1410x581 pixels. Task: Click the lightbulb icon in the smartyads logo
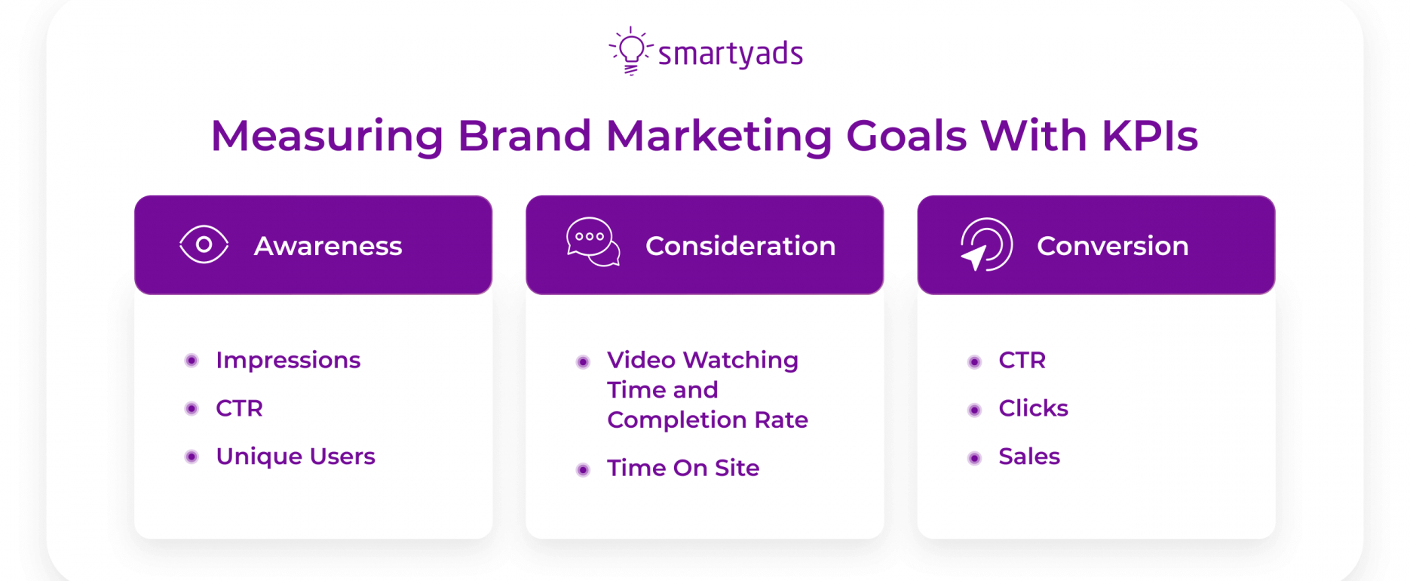coord(630,51)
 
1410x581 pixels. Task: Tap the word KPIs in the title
coord(1150,136)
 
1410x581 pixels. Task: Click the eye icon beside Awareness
coord(204,244)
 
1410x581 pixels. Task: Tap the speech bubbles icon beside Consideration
coord(593,242)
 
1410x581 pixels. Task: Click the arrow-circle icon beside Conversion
coord(986,244)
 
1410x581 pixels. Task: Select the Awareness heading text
coord(328,246)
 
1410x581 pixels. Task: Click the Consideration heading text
coord(740,246)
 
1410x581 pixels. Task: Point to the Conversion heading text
coord(1113,246)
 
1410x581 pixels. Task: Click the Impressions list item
coord(288,361)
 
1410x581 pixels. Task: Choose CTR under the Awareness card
coord(239,408)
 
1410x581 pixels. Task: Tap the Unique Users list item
coord(296,456)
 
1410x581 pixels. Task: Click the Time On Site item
coord(683,468)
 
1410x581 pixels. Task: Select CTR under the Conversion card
coord(1022,360)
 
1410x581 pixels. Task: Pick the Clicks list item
coord(1033,408)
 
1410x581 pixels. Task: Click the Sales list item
coord(1029,456)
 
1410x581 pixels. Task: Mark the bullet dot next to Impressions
coord(192,361)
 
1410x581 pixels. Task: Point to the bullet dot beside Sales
coord(974,458)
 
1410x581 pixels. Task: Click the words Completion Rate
coord(707,420)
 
